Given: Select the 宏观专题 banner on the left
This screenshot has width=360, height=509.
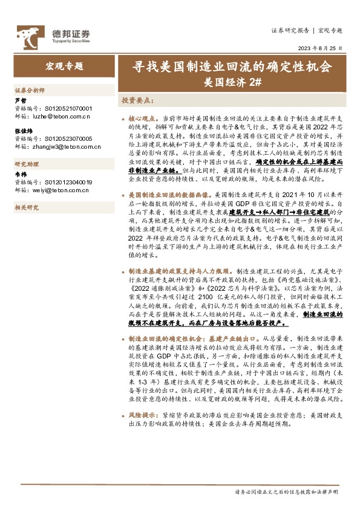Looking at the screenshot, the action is coord(64,66).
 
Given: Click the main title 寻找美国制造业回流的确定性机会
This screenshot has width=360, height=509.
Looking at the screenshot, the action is coord(232,66).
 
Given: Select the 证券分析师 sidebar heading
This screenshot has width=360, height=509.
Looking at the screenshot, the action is coord(30,89).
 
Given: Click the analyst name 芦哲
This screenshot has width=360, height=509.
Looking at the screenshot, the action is coord(20,100).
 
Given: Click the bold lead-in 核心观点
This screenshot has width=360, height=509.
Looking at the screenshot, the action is coord(144,119).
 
